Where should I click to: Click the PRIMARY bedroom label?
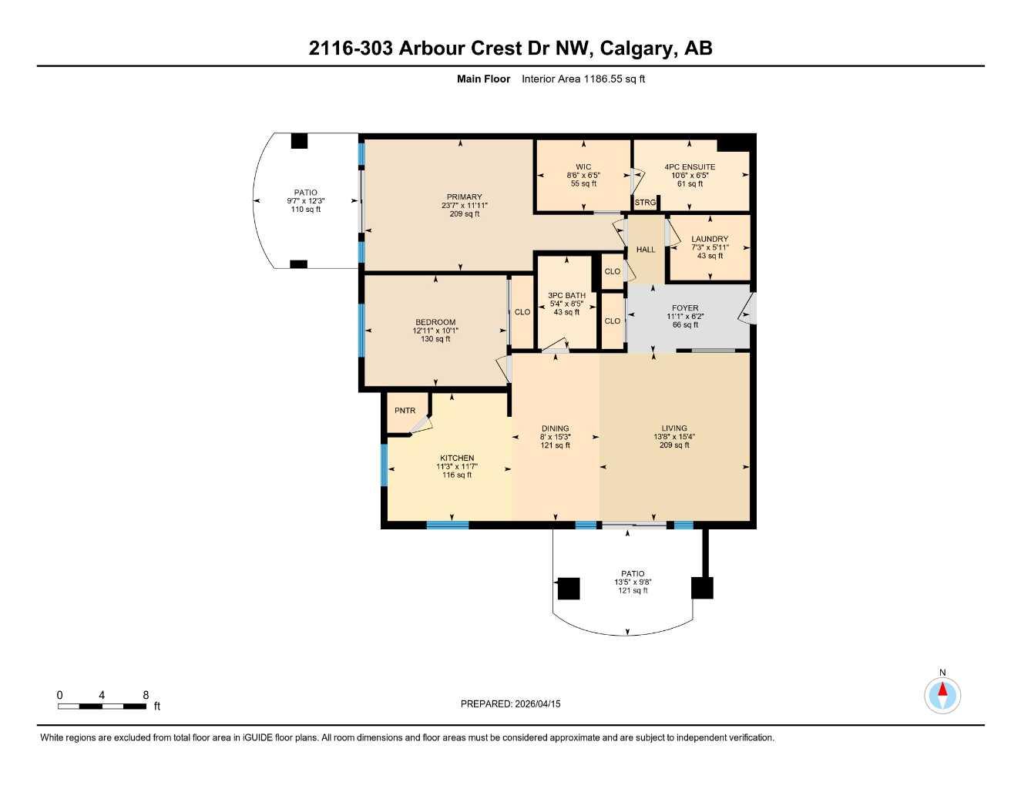464,197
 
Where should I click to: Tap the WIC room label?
583,167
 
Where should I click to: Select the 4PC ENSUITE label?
690,167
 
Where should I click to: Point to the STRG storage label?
645,203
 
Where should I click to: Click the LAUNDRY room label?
710,240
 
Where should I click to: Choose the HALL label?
646,250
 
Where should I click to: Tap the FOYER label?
685,308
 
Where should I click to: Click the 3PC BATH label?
566,296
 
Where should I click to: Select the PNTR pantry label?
405,411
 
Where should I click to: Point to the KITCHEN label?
457,458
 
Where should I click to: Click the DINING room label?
555,429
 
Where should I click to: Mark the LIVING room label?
674,428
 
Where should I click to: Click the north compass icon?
942,695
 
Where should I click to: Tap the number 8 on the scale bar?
146,695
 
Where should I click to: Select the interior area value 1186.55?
603,79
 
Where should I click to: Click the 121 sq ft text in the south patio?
633,591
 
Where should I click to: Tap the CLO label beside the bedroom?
522,312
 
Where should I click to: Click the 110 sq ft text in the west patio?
306,210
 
